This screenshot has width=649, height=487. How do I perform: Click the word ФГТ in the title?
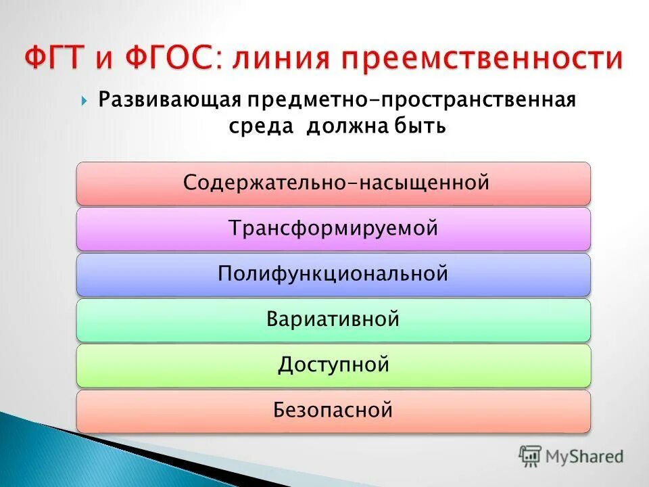(57, 59)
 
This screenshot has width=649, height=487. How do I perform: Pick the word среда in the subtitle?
(259, 126)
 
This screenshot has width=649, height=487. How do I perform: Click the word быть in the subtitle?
(418, 126)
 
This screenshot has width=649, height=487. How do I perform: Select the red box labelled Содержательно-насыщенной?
(333, 183)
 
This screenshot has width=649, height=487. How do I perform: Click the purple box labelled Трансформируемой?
(333, 229)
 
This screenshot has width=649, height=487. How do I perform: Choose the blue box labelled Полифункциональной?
(333, 274)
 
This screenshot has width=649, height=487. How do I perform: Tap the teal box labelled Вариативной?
(333, 319)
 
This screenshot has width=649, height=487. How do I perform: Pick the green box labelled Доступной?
(333, 365)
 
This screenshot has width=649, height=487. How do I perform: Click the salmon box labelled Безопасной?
(333, 411)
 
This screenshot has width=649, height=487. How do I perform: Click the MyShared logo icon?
(530, 456)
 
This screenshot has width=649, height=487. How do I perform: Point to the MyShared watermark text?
(585, 457)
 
